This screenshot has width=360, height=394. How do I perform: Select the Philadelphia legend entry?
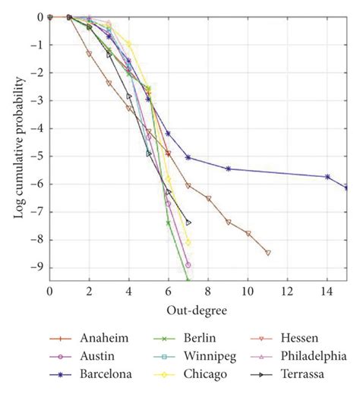pyautogui.click(x=312, y=356)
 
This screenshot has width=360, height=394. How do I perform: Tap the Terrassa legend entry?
pyautogui.click(x=305, y=373)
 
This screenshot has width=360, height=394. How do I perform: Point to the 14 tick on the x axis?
pyautogui.click(x=327, y=291)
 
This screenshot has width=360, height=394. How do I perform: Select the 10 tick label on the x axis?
pyautogui.click(x=248, y=291)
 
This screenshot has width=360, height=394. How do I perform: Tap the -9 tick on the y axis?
pyautogui.click(x=39, y=267)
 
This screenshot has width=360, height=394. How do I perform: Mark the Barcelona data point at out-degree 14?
pyautogui.click(x=327, y=176)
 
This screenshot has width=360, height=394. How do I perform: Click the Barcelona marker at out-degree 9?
pyautogui.click(x=228, y=169)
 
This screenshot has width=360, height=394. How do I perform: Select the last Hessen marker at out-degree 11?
pyautogui.click(x=267, y=252)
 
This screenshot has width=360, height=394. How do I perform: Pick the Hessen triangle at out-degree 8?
pyautogui.click(x=208, y=198)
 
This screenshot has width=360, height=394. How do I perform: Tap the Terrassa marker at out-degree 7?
pyautogui.click(x=188, y=222)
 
